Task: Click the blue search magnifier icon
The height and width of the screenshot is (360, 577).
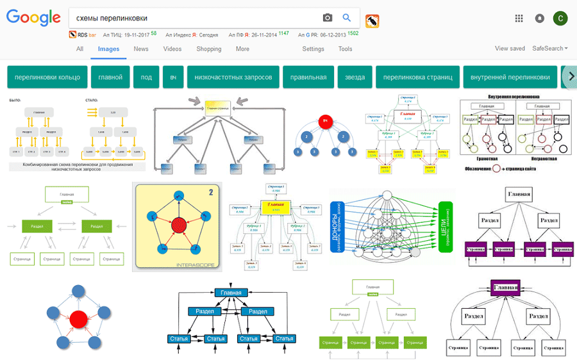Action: point(347,18)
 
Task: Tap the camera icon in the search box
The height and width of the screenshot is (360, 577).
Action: point(328,18)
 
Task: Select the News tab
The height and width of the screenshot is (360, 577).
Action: point(141,49)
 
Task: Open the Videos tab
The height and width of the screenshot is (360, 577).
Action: point(172,49)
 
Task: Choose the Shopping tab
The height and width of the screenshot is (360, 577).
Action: point(209,49)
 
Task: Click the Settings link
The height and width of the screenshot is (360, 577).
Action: point(313,49)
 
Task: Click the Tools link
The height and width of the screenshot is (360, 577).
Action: point(345,49)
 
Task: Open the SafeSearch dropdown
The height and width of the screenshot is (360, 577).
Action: point(550,49)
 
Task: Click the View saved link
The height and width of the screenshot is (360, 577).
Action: point(510,49)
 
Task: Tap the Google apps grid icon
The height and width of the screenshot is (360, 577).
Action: point(519,18)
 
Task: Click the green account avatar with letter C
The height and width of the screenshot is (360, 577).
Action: point(560,18)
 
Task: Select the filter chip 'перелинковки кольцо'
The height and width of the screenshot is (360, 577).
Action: point(47,77)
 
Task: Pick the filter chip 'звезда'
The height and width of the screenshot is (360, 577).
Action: point(355,77)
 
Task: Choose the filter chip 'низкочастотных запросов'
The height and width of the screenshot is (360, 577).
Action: point(233,77)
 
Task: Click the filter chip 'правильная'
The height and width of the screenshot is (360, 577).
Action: point(308,77)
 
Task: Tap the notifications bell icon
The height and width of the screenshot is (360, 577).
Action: point(540,18)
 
